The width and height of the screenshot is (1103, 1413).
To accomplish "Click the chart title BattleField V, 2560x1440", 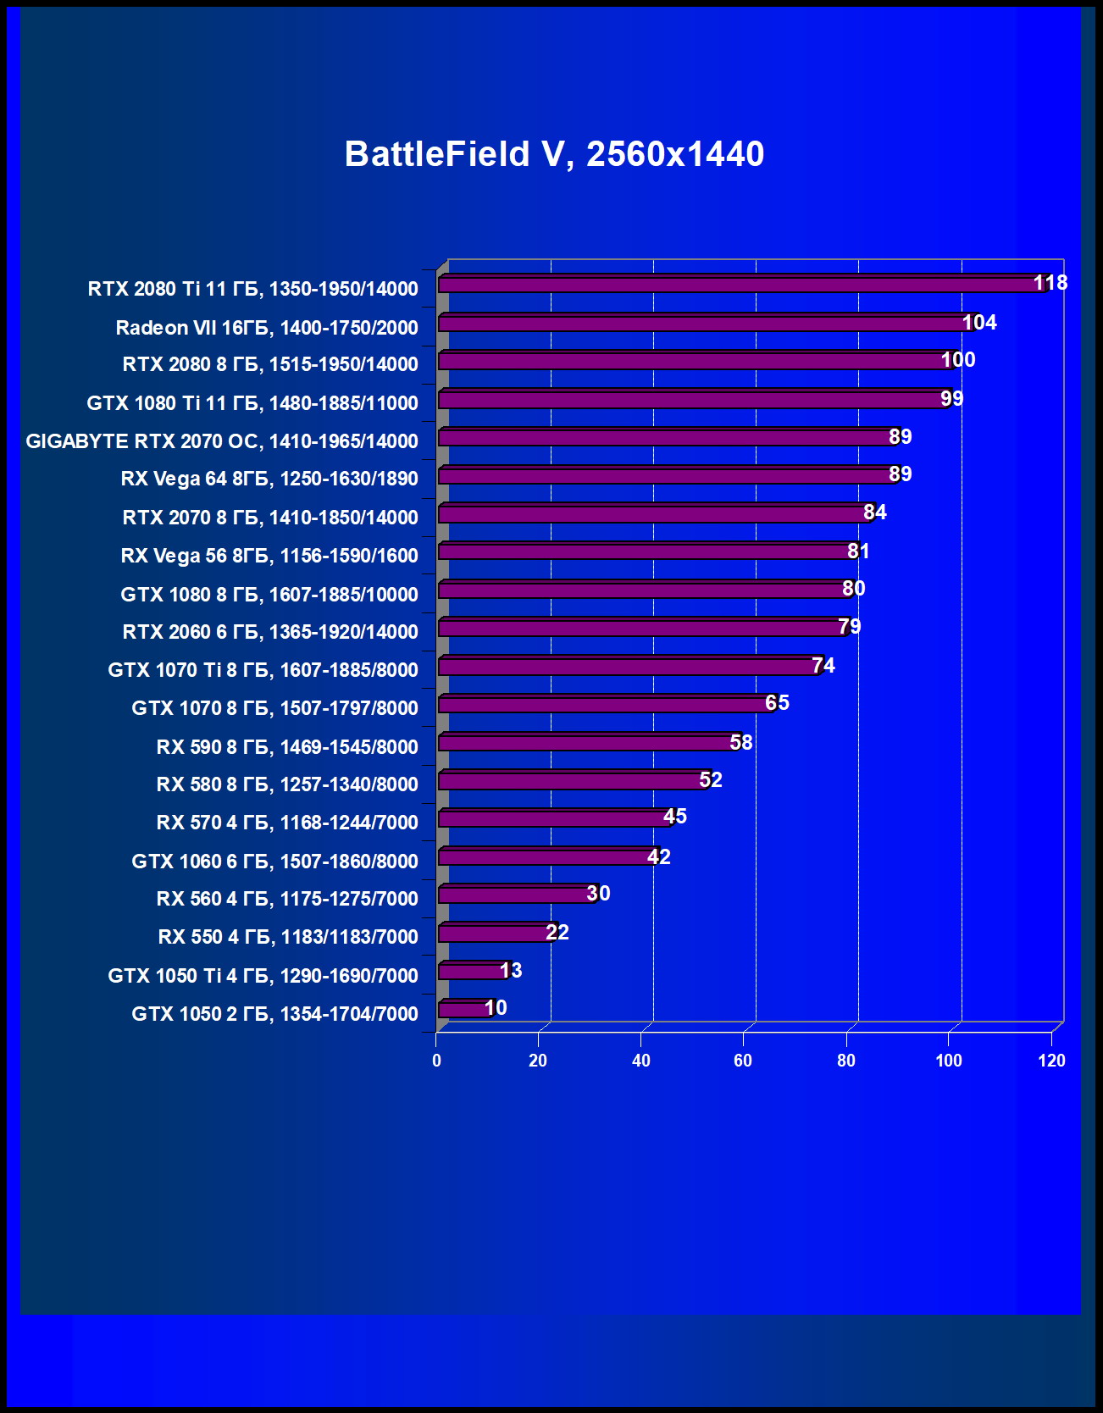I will click(x=554, y=154).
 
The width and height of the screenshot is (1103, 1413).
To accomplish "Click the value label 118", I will click(x=1050, y=283).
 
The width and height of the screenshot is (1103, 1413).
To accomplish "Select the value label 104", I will click(x=979, y=323).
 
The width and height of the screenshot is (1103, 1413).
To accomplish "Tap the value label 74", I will click(x=823, y=666).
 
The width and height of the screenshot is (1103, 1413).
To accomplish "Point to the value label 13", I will click(x=511, y=971).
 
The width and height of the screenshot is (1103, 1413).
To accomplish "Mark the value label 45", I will click(x=675, y=817).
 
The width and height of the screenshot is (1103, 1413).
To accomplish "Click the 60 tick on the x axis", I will click(x=743, y=1061).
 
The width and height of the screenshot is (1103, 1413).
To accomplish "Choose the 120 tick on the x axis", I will click(x=1051, y=1061).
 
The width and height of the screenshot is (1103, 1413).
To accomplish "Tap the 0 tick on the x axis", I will click(x=436, y=1061).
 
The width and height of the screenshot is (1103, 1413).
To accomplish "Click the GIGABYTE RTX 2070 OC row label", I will click(x=222, y=441).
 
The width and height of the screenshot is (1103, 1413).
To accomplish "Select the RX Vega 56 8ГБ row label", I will click(x=269, y=556).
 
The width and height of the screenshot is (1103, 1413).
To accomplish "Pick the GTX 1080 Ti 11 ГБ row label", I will click(x=252, y=403).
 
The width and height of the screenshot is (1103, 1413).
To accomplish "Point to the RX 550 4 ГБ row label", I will click(x=288, y=937).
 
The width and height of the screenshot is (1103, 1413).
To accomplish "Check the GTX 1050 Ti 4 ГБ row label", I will click(x=263, y=976).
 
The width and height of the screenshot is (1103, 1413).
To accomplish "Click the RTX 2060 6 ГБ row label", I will click(x=270, y=632).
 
